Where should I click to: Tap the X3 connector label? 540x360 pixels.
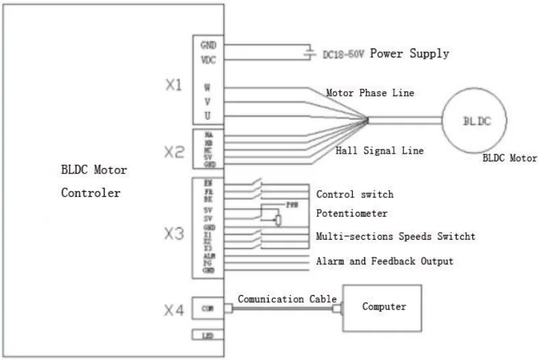pyautogui.click(x=174, y=234)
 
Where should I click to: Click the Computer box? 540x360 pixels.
pyautogui.click(x=383, y=307)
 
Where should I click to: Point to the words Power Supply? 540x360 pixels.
pyautogui.click(x=409, y=53)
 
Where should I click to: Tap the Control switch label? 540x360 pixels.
pyautogui.click(x=355, y=195)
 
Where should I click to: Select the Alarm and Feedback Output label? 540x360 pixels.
pyautogui.click(x=384, y=261)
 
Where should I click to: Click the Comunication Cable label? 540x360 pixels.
pyautogui.click(x=287, y=299)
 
